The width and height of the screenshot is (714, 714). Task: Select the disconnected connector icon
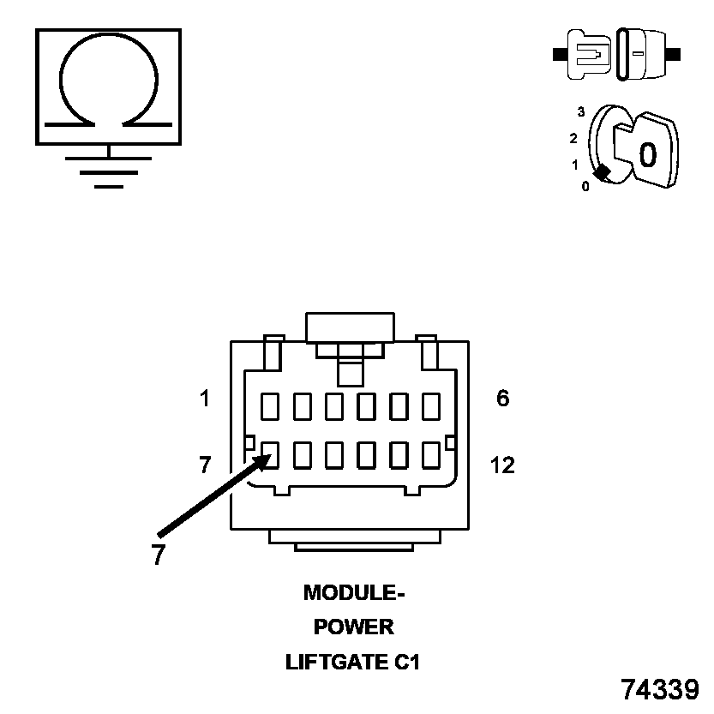click(617, 53)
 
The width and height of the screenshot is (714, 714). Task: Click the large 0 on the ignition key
click(648, 154)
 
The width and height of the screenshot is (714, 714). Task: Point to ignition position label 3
click(581, 112)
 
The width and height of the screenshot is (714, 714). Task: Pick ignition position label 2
click(573, 138)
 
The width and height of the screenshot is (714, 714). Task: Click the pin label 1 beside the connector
click(204, 399)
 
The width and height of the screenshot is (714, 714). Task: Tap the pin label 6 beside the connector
click(503, 399)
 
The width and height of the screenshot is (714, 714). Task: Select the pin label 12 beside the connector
click(502, 465)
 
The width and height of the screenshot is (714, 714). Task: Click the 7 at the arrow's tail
click(158, 555)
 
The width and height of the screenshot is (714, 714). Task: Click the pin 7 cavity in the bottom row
click(270, 455)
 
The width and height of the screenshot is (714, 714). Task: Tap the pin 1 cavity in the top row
click(270, 405)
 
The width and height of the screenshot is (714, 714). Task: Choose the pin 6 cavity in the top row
click(430, 405)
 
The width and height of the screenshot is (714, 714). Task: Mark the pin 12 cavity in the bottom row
click(430, 455)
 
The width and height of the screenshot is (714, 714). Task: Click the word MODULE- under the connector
click(353, 592)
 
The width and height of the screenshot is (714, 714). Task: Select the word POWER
click(353, 627)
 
